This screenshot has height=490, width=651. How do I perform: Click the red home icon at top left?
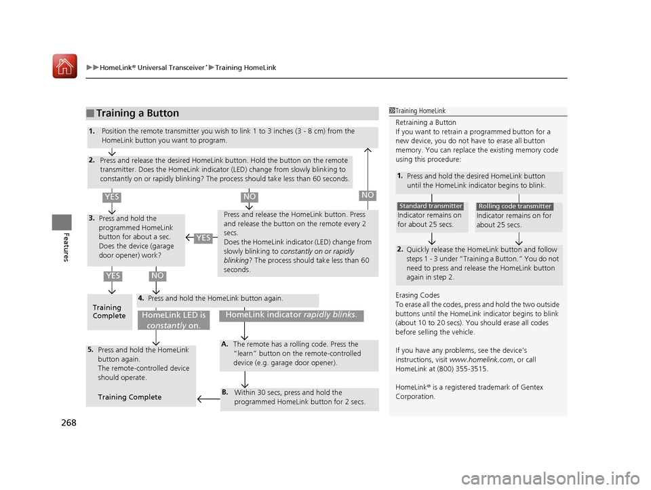point(65,66)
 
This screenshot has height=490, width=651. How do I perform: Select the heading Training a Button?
point(137,113)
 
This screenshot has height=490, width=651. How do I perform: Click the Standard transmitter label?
point(430,206)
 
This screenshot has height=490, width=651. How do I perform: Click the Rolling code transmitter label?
point(515,206)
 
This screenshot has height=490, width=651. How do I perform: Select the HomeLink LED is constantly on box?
point(174,320)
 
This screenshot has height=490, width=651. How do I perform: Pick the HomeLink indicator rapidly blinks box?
point(291,314)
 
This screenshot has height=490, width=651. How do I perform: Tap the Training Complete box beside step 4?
point(108,312)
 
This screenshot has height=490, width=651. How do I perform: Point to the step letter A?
point(224,344)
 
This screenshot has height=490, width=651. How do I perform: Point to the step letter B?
point(224,392)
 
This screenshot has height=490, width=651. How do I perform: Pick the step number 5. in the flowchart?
point(91,350)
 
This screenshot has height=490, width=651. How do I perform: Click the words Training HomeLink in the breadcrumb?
point(246,68)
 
